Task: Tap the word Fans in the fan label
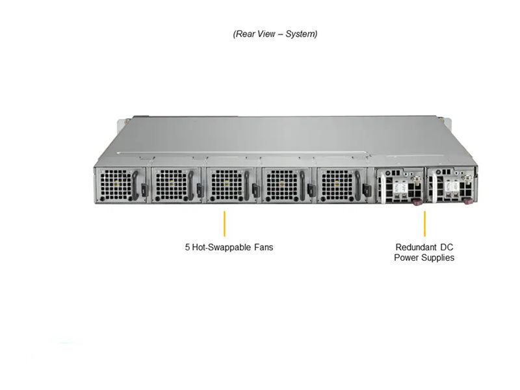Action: click(264, 247)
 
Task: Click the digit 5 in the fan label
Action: click(187, 247)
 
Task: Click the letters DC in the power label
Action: click(447, 247)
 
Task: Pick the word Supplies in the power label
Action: click(437, 257)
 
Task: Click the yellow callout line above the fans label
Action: click(224, 224)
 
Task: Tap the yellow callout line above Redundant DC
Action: click(425, 224)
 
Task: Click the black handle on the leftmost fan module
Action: click(135, 185)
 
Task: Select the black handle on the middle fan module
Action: click(246, 186)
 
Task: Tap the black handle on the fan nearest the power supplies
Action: click(357, 186)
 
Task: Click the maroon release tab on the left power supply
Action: click(416, 201)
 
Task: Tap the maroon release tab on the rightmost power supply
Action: click(467, 201)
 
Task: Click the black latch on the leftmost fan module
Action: click(144, 190)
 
